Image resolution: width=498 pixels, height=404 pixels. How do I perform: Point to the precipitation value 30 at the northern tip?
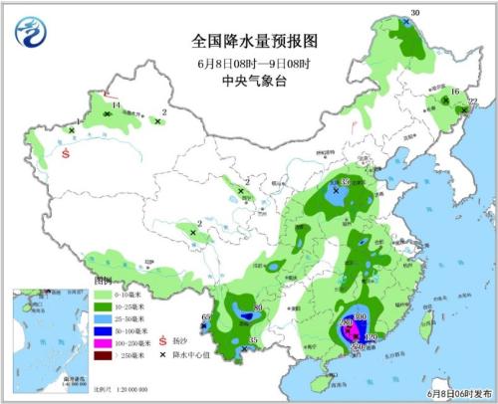pos(416,12)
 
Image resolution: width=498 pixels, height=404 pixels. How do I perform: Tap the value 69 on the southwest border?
pos(206,317)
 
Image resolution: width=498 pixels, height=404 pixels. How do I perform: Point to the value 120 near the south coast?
pos(373,338)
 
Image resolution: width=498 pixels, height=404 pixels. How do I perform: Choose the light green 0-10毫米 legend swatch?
pos(104,295)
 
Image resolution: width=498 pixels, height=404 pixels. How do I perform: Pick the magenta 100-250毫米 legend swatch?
pos(104,342)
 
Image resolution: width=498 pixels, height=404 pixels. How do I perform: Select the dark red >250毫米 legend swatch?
pos(104,354)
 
